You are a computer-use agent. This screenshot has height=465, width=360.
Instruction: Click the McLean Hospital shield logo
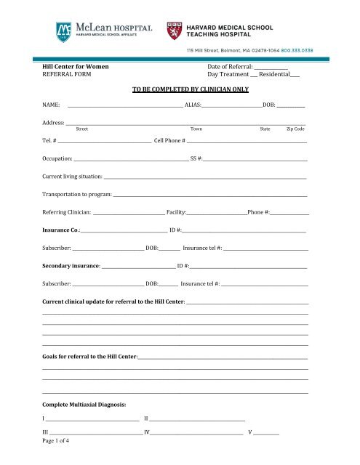tap(64, 31)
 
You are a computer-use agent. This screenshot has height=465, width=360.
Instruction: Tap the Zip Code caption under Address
tap(295, 129)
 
